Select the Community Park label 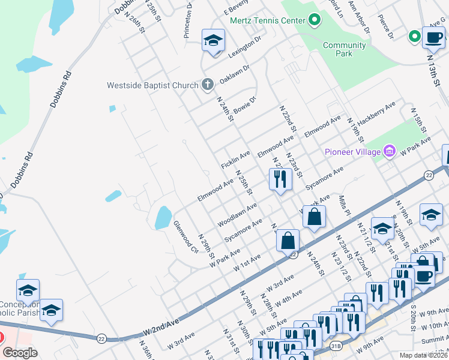point(344,49)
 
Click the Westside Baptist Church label point(152,85)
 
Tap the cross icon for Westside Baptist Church point(207,84)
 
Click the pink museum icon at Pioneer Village point(389,150)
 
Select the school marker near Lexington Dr point(212,41)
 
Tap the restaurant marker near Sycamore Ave point(280,179)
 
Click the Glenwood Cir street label point(185,236)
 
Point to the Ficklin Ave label point(235,160)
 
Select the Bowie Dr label point(244,106)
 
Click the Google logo point(20,352)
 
